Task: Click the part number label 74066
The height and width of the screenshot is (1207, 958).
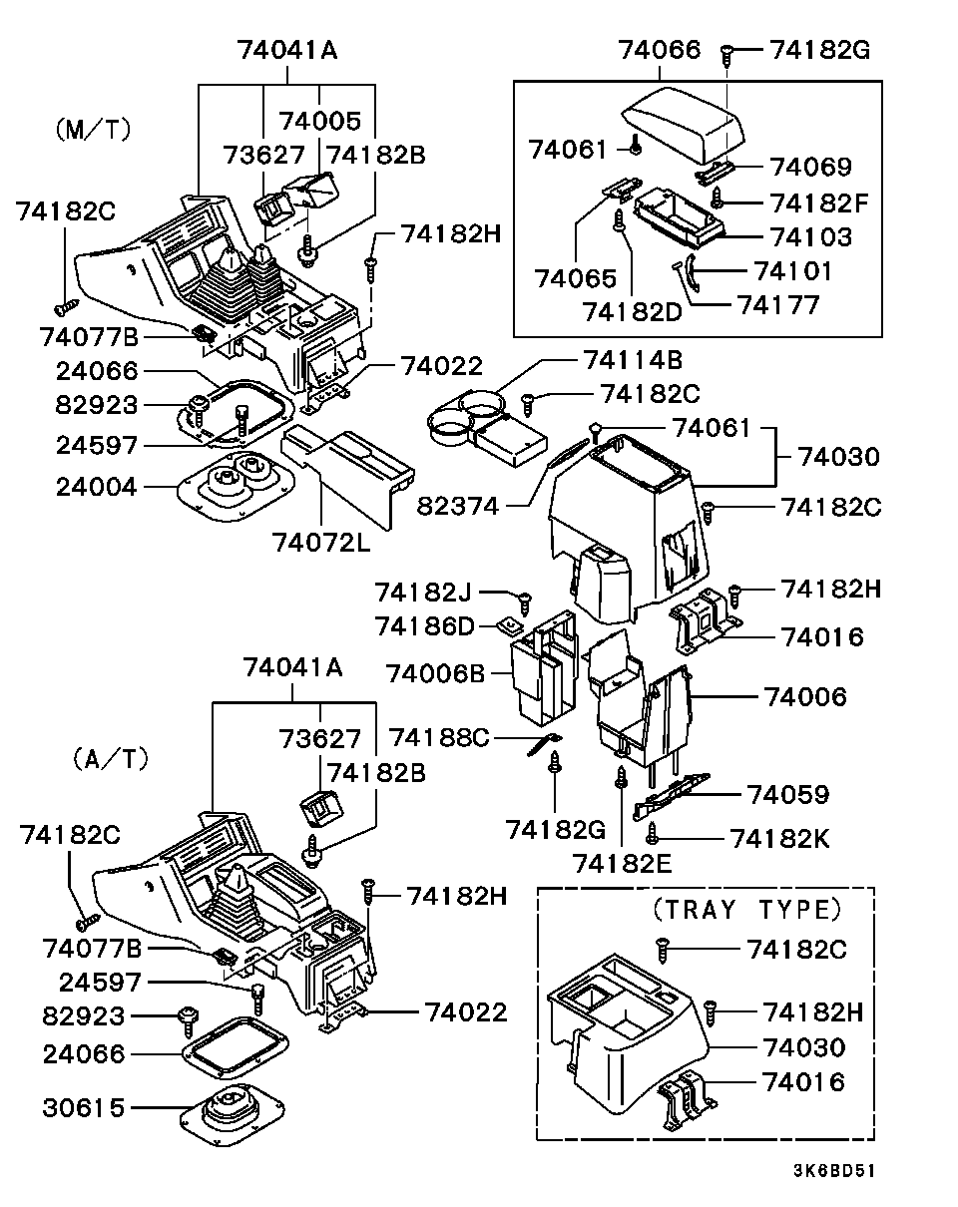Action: pyautogui.click(x=660, y=49)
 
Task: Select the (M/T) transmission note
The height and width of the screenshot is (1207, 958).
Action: pyautogui.click(x=95, y=130)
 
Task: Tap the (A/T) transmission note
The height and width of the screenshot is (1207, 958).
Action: pyautogui.click(x=110, y=759)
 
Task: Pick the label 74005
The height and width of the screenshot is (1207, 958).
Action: pyautogui.click(x=320, y=122)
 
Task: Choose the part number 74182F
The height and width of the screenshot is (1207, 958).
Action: pyautogui.click(x=819, y=203)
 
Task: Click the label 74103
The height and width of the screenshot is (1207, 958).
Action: pyautogui.click(x=811, y=237)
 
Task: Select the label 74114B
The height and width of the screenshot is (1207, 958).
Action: pyautogui.click(x=633, y=360)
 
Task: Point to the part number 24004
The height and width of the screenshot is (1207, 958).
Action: pyautogui.click(x=85, y=487)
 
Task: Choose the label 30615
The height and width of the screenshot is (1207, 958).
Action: pyautogui.click(x=85, y=1107)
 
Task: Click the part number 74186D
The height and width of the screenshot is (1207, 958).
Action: pyautogui.click(x=430, y=626)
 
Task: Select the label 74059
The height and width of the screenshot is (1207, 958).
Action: pyautogui.click(x=788, y=794)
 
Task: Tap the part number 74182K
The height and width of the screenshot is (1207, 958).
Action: pyautogui.click(x=779, y=838)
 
